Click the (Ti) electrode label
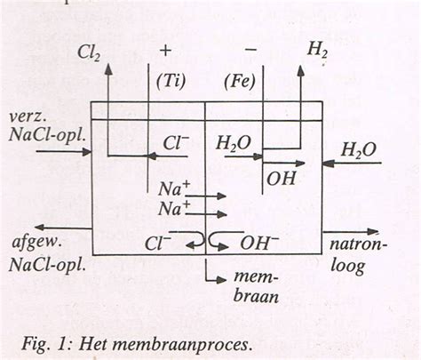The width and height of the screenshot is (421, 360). click(x=169, y=81)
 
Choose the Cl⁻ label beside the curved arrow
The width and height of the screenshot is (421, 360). click(x=160, y=242)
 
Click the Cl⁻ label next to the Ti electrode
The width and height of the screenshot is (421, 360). click(x=176, y=142)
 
